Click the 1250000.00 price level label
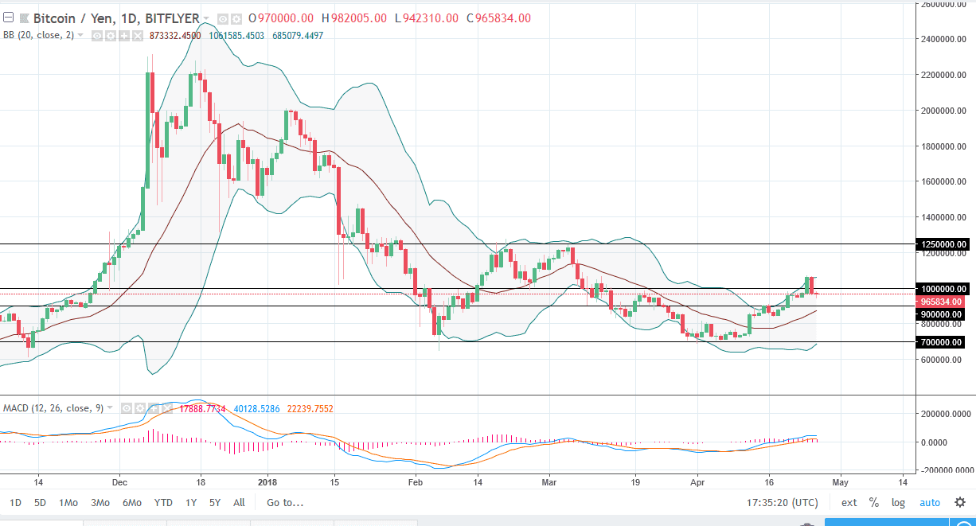[941, 244]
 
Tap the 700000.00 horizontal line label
[941, 342]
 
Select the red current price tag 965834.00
[941, 302]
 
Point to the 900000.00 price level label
[941, 314]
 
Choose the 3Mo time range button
[100, 502]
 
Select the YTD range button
[163, 502]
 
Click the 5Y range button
[215, 502]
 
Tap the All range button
[239, 502]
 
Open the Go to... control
[285, 502]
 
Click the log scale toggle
[898, 502]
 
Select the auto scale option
[930, 502]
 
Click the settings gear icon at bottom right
[959, 502]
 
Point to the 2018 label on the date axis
[267, 482]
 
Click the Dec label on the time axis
[119, 482]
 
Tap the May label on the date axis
[841, 482]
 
